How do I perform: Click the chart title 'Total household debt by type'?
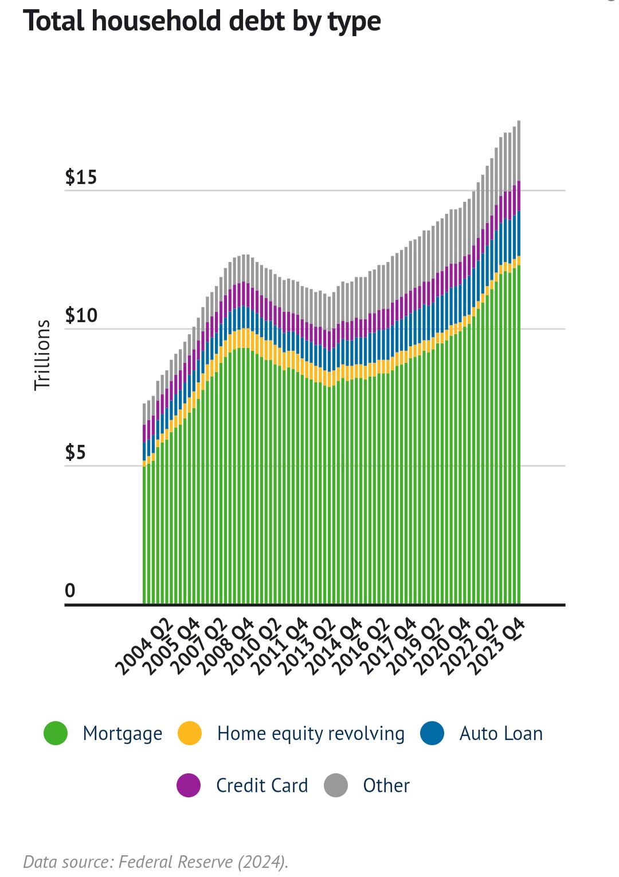tap(202, 22)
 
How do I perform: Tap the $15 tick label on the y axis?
tap(81, 178)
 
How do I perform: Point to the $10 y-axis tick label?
tap(81, 315)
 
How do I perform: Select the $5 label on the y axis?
tap(75, 453)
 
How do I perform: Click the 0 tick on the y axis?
tap(70, 590)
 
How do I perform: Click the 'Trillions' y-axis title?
tap(42, 355)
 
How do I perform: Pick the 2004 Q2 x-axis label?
tap(143, 647)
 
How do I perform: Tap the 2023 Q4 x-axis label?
tap(496, 647)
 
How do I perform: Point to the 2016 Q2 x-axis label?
tap(361, 647)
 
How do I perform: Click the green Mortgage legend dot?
tap(56, 733)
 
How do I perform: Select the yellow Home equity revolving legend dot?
tap(190, 733)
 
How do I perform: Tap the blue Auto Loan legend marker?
tap(432, 733)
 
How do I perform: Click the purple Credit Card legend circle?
tap(189, 785)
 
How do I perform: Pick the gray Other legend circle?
tap(336, 785)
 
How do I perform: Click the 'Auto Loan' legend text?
tap(501, 734)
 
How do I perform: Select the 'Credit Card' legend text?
tap(262, 785)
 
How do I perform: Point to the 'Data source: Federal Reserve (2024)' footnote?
tap(156, 862)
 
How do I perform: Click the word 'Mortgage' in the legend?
tap(123, 734)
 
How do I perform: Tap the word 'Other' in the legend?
tap(386, 785)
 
